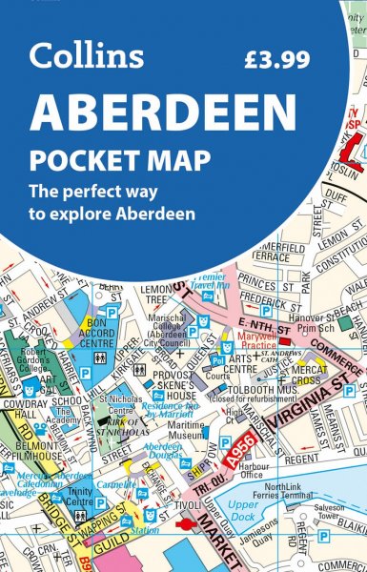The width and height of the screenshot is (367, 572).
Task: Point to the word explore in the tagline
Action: (x=130, y=213)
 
